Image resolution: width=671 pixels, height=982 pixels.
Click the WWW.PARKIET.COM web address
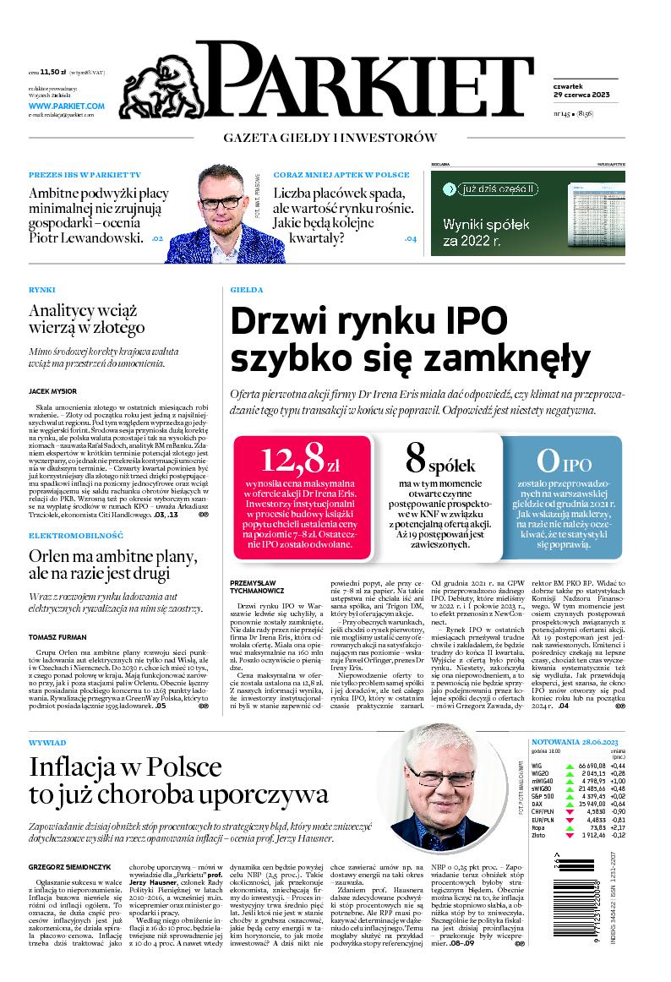pyautogui.click(x=66, y=106)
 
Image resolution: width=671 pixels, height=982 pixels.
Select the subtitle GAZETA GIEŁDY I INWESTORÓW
pyautogui.click(x=330, y=138)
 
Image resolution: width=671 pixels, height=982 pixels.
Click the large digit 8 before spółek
pyautogui.click(x=415, y=459)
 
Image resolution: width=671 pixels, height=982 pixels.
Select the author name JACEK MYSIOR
pyautogui.click(x=53, y=391)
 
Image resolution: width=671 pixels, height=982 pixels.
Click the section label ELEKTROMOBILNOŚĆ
pyautogui.click(x=76, y=536)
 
